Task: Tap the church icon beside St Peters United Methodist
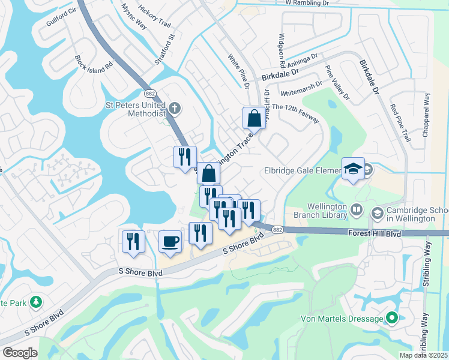pos(175,109)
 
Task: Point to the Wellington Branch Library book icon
pos(357,209)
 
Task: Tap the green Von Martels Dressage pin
pos(393,317)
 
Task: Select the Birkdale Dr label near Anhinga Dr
pos(280,75)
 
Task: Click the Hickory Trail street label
pos(154,17)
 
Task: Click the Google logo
pos(19,353)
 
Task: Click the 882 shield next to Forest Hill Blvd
pos(277,230)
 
